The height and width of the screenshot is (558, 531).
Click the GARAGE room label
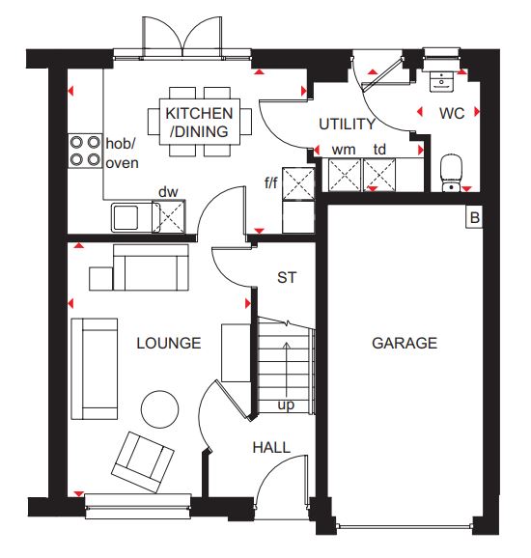click(x=405, y=343)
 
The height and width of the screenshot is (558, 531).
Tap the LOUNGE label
click(x=169, y=343)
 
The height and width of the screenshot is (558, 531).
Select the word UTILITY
click(x=347, y=124)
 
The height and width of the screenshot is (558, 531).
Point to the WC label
click(x=452, y=114)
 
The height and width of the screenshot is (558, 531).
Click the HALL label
click(x=271, y=447)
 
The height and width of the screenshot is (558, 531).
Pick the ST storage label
click(x=287, y=278)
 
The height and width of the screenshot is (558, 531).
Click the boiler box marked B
click(x=474, y=217)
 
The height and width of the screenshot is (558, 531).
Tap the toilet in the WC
click(x=451, y=173)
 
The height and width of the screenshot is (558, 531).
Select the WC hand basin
click(x=441, y=81)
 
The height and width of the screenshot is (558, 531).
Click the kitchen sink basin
click(x=126, y=217)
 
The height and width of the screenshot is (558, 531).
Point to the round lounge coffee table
click(x=160, y=409)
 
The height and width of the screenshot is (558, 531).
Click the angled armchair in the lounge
click(x=143, y=461)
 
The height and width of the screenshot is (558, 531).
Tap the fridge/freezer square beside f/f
click(x=298, y=182)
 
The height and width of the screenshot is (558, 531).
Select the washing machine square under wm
click(x=345, y=175)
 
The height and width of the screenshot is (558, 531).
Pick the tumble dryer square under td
click(x=379, y=175)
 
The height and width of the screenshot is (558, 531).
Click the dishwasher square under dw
click(x=169, y=216)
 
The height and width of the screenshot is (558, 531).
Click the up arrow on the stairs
click(x=287, y=371)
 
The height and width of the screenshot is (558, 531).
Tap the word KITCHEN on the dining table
click(x=199, y=114)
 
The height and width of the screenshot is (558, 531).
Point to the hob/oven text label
click(x=122, y=153)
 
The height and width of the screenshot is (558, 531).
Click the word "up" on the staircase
click(x=286, y=405)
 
